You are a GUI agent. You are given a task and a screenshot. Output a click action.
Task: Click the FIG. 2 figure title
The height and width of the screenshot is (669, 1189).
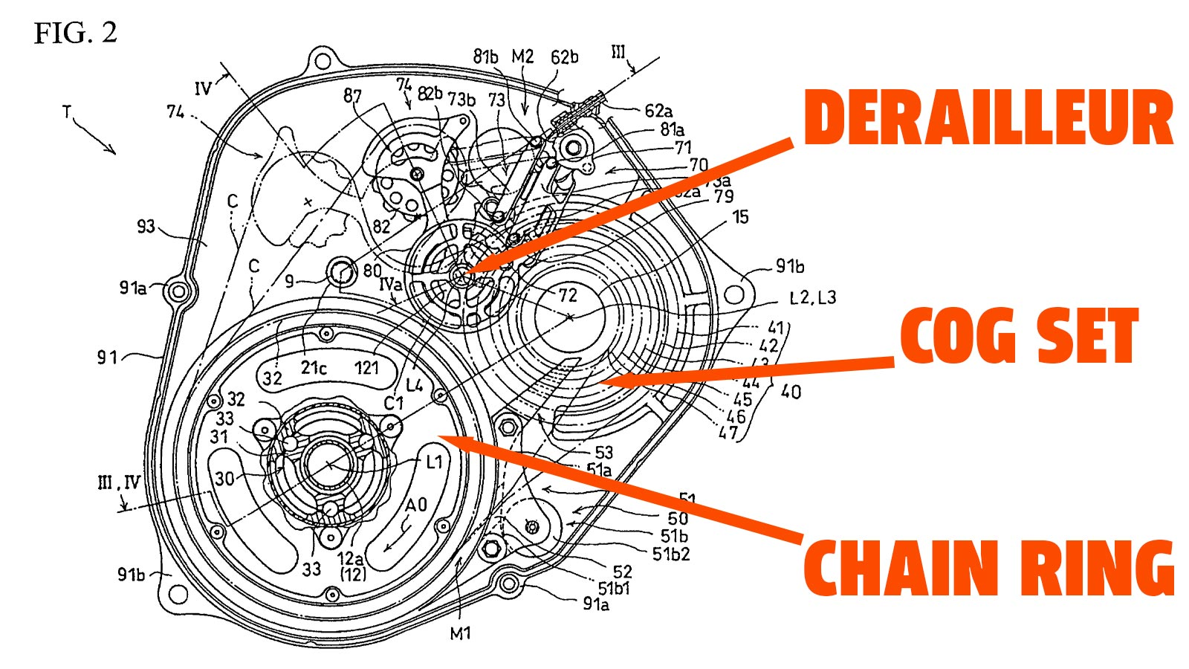[76, 33]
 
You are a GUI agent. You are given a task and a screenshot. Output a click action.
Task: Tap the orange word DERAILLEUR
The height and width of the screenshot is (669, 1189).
[988, 119]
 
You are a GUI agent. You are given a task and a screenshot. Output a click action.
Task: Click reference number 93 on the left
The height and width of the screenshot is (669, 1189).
[146, 226]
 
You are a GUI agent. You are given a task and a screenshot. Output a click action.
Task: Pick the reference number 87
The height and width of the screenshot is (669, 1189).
[352, 96]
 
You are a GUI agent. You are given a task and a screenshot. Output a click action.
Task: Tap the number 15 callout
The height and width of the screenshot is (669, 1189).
[740, 217]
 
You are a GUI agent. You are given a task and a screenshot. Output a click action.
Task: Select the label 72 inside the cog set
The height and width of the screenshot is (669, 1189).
[568, 295]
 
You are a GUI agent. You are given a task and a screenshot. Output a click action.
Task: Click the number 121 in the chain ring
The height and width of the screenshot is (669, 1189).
[366, 367]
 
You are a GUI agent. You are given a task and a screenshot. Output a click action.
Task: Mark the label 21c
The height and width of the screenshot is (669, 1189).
[314, 367]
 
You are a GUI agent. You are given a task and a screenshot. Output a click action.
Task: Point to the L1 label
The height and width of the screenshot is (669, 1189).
[434, 462]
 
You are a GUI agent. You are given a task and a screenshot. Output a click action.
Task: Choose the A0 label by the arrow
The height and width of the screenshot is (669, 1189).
[416, 505]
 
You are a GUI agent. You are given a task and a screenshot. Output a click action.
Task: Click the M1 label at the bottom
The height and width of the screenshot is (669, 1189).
[461, 633]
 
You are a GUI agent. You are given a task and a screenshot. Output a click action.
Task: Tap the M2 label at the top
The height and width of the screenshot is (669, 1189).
[522, 57]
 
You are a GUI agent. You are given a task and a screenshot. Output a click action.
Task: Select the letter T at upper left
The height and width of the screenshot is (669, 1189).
[68, 112]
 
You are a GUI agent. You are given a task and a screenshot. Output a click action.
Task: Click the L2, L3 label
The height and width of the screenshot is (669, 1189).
[812, 298]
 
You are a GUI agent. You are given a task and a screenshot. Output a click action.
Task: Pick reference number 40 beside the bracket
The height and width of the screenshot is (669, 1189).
[791, 391]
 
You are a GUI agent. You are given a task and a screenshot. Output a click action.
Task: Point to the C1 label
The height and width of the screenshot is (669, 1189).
[393, 403]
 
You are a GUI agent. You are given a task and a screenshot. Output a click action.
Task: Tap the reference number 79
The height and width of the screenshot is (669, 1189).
[723, 196]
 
